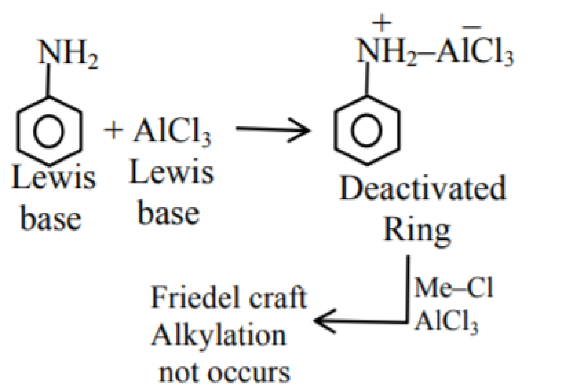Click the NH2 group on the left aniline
68,54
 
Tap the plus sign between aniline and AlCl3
113,130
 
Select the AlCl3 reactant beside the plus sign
172,132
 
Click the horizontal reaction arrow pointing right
273,129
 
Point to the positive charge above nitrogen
381,23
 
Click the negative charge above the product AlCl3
471,27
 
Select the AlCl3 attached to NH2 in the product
475,52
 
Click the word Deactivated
423,188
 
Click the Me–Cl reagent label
453,288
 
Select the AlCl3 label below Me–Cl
446,322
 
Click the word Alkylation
219,336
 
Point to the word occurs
249,373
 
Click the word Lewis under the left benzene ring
54,177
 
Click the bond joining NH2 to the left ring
48,80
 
